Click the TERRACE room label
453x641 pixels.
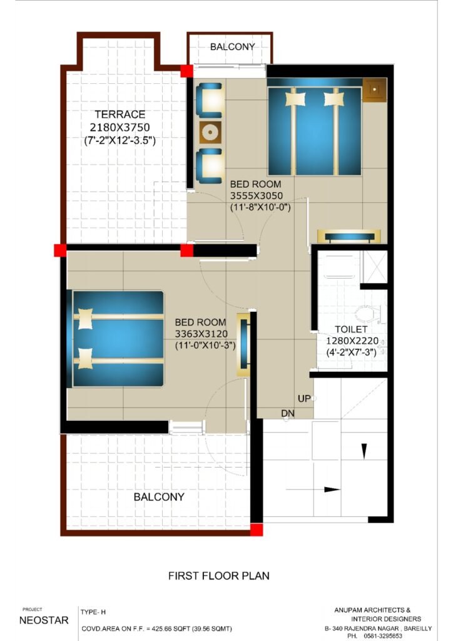click(120, 115)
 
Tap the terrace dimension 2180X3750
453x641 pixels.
click(120, 128)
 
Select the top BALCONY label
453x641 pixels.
click(232, 47)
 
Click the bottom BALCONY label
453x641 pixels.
click(159, 497)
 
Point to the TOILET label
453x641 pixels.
click(351, 329)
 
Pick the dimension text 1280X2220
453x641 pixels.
click(352, 341)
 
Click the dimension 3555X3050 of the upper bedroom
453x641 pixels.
click(256, 196)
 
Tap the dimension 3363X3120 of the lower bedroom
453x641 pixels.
click(201, 334)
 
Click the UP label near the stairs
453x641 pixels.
click(304, 399)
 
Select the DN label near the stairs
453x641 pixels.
click(288, 413)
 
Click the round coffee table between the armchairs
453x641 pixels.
click(210, 132)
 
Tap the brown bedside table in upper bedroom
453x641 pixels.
click(375, 90)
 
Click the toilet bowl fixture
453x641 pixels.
click(367, 315)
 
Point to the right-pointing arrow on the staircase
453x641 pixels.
click(313, 490)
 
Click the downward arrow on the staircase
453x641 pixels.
click(364, 451)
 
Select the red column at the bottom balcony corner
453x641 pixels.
click(257, 530)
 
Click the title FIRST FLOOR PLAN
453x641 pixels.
click(219, 576)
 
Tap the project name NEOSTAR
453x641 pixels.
click(44, 620)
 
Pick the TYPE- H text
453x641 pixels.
click(93, 612)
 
